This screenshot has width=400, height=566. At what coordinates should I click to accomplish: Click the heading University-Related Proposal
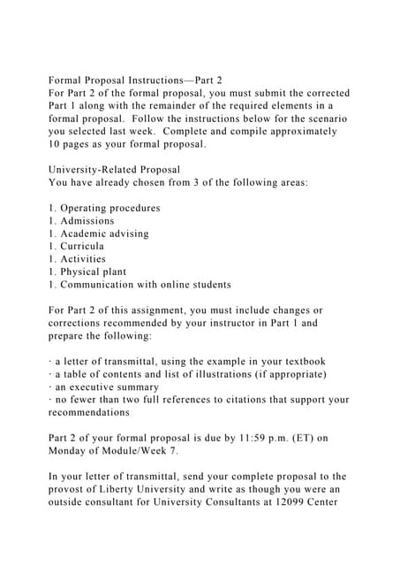point(114,169)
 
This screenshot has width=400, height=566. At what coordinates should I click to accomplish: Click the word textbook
point(301,361)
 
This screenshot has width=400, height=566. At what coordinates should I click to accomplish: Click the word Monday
point(72,451)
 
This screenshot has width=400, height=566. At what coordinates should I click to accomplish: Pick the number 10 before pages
point(56,143)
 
